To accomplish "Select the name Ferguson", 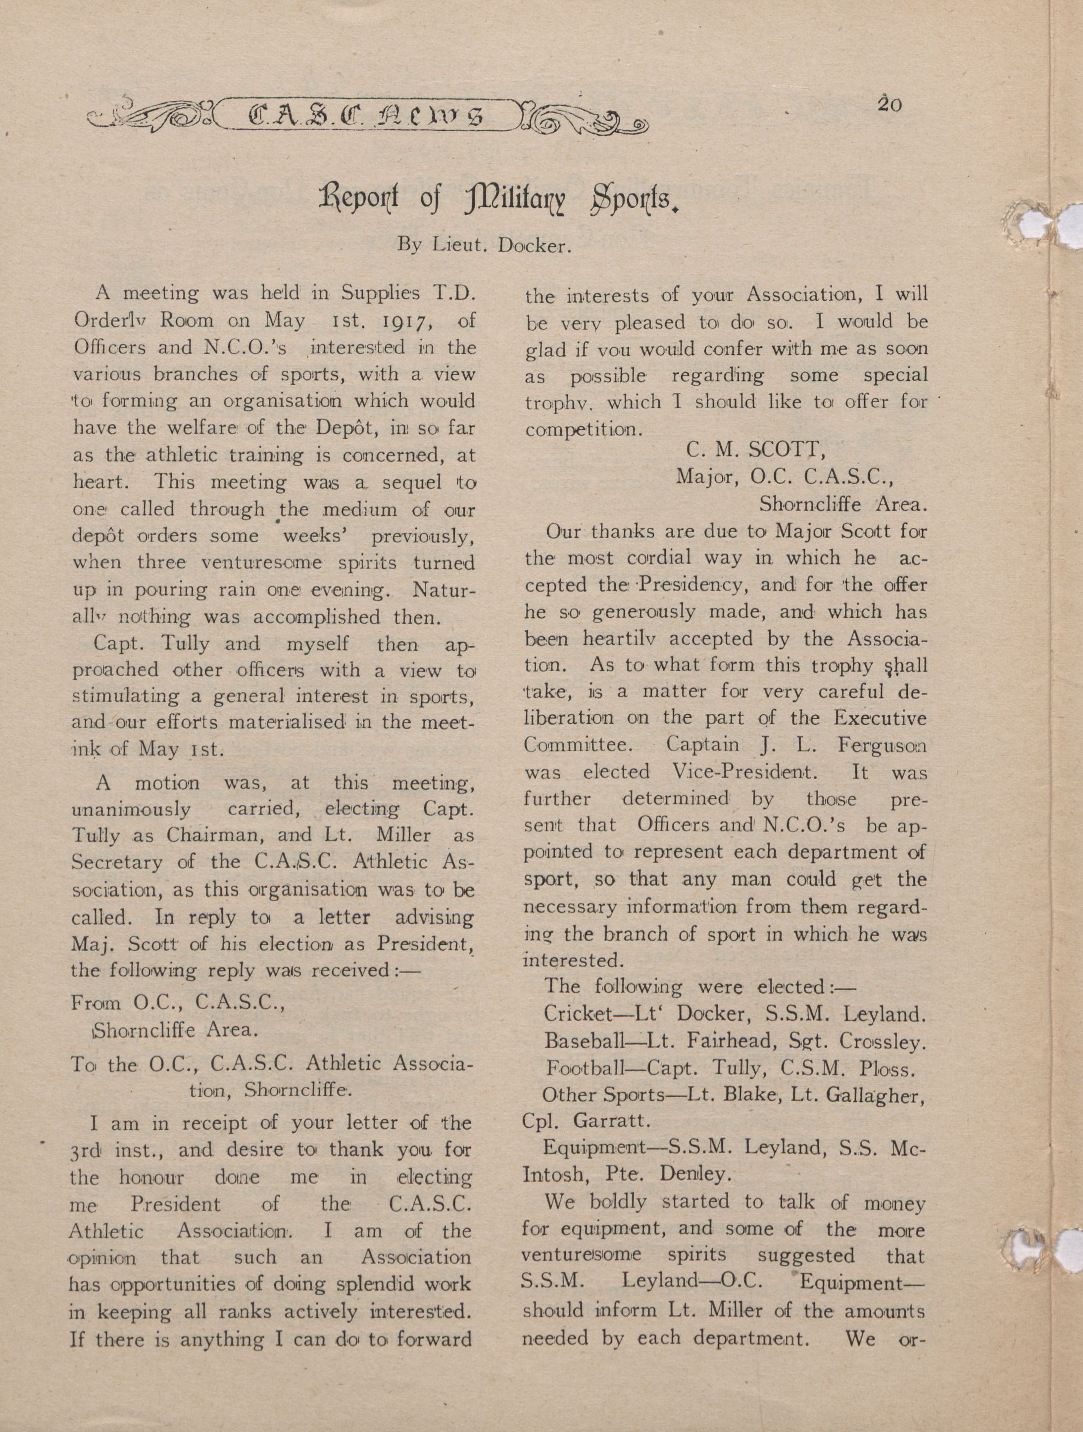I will point(881,745).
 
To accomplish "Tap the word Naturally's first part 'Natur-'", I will point(444,591).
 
